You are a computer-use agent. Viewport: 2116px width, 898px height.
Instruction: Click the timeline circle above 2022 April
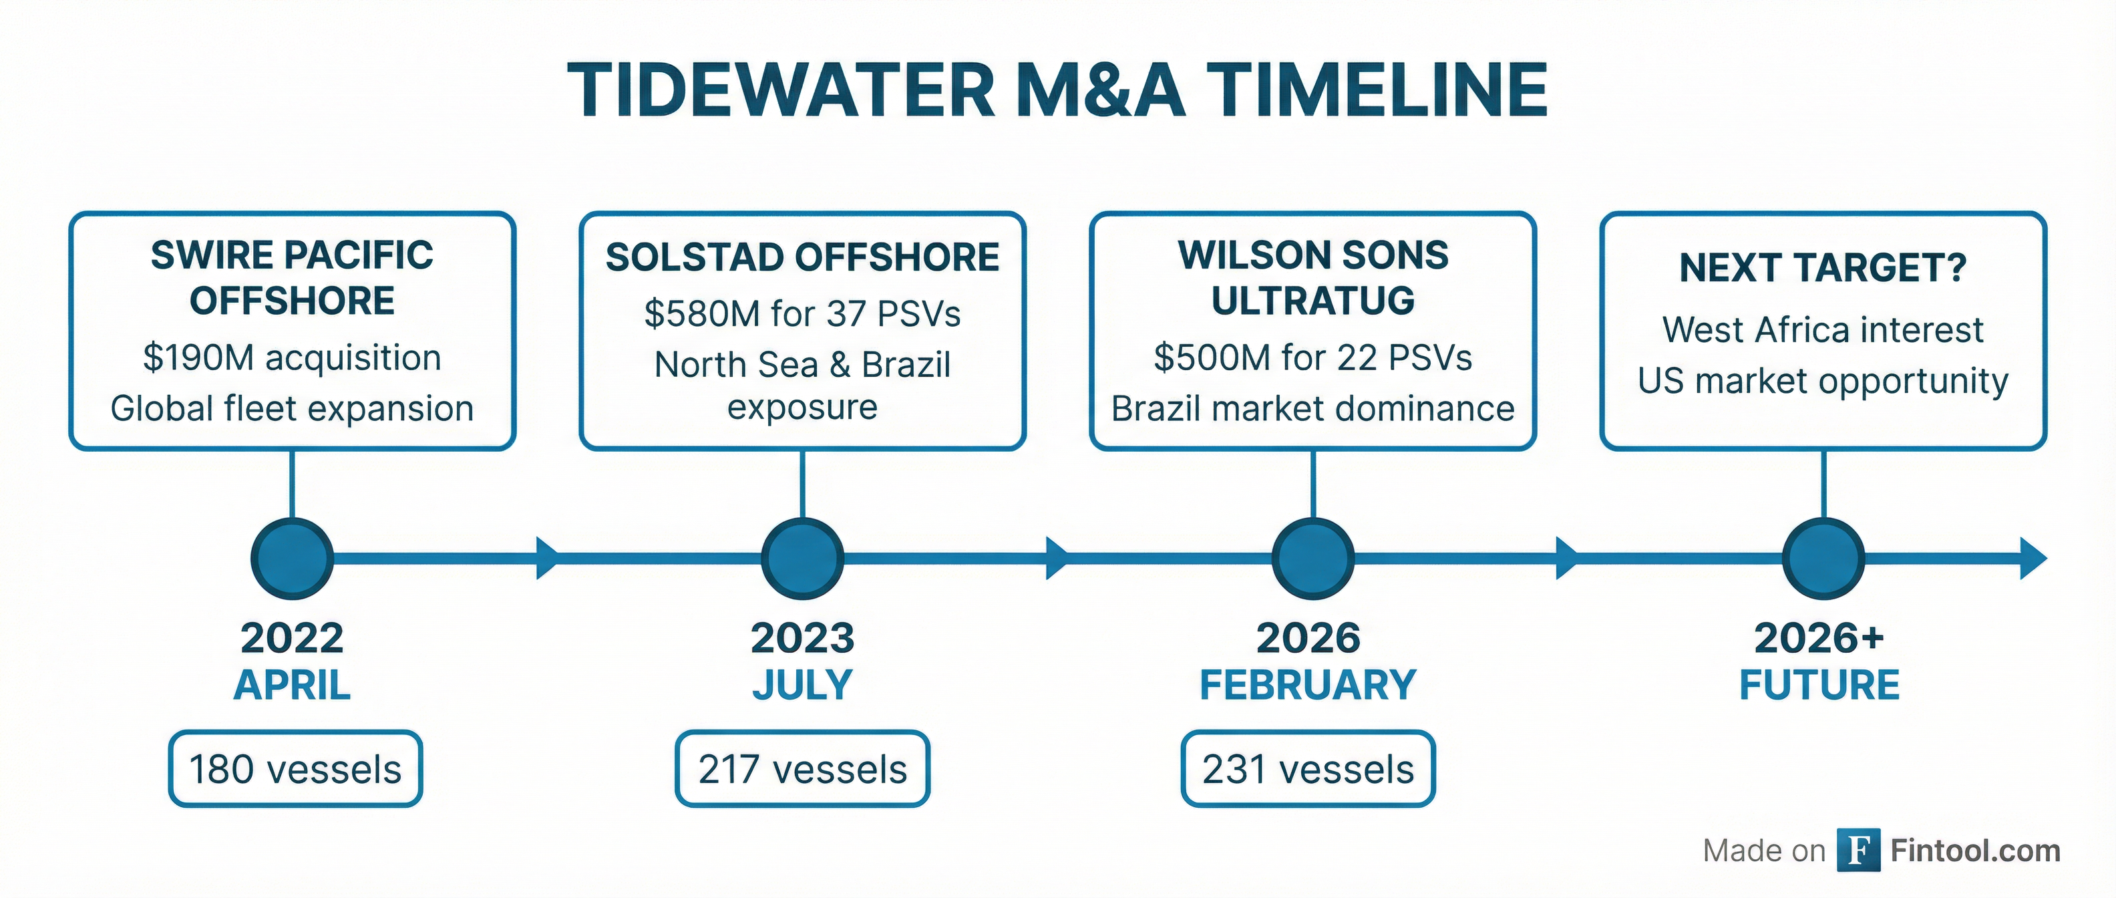coord(293,559)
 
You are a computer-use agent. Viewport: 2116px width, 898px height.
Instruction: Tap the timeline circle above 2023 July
coord(803,559)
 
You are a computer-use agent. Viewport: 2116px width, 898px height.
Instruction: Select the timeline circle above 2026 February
coord(1312,559)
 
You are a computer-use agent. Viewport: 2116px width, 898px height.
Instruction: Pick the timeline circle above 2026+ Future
coord(1823,559)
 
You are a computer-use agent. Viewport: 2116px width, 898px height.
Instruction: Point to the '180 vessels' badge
coord(296,769)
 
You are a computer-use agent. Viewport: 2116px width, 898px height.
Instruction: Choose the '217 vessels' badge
coord(803,769)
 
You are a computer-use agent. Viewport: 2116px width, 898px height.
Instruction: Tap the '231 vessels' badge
coord(1308,769)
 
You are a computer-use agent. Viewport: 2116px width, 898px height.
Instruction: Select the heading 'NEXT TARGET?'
coord(1823,268)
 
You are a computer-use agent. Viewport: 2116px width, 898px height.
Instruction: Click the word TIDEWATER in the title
coord(780,90)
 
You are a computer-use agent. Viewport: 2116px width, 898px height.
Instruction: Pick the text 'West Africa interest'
coord(1823,330)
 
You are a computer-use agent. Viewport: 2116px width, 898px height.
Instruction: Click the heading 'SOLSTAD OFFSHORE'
coord(803,257)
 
